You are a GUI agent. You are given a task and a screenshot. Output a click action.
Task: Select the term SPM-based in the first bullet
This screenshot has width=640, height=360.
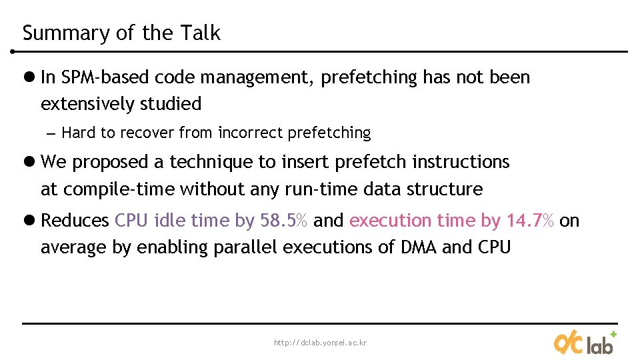(105, 78)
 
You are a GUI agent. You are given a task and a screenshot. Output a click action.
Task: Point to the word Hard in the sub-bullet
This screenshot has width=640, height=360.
(79, 133)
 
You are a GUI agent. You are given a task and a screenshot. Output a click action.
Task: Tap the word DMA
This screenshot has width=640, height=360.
(419, 248)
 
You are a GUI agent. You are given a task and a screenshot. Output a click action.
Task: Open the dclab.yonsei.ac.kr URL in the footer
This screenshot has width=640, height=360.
(320, 343)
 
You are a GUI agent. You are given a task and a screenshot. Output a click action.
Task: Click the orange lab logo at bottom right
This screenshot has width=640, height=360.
(584, 343)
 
